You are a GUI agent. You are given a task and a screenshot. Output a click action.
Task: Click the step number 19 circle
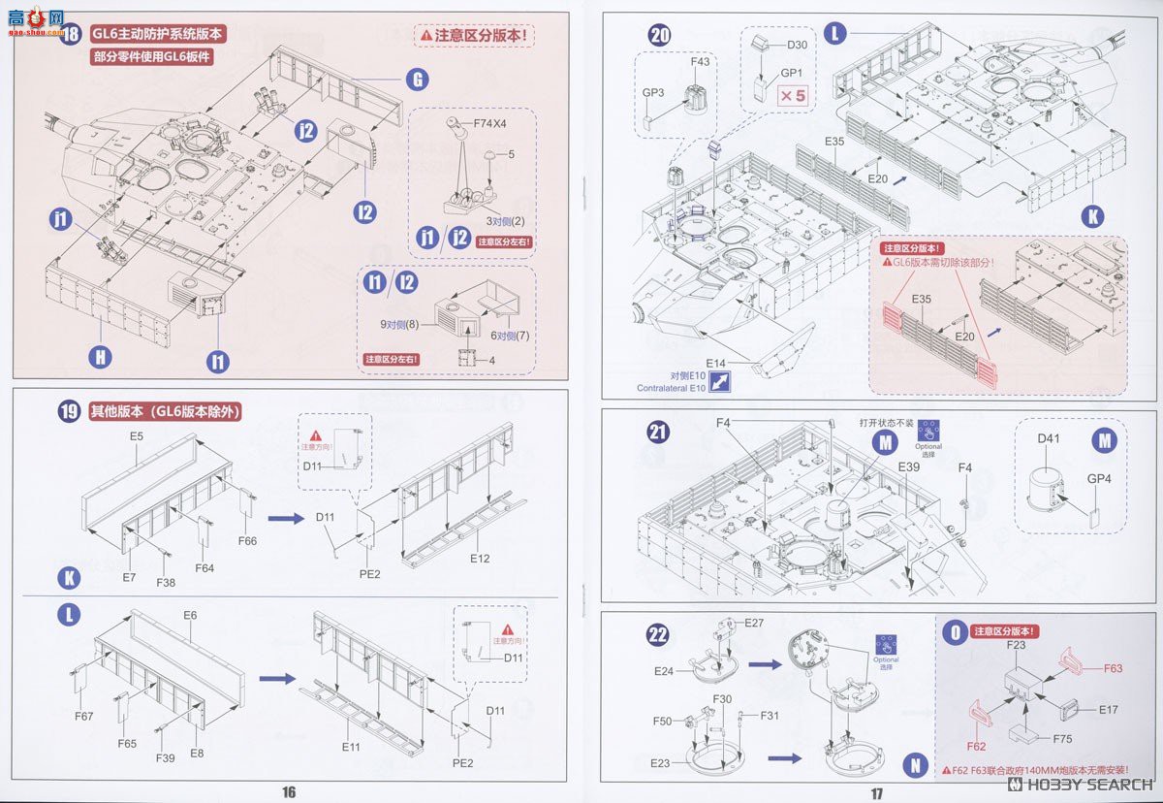[x=69, y=411]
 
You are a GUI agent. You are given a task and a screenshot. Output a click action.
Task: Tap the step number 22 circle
[x=658, y=634]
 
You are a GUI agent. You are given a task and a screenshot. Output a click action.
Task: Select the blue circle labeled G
[x=417, y=80]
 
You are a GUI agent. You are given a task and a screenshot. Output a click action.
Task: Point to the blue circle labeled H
[x=100, y=357]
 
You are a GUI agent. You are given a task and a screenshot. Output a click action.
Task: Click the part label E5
[x=137, y=437]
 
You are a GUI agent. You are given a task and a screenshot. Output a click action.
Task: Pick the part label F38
[x=167, y=583]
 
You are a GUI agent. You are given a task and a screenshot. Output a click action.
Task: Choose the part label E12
[x=481, y=559]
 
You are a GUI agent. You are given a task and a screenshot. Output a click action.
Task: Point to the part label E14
[x=716, y=363]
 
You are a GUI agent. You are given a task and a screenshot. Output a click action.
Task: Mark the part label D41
[x=1050, y=438]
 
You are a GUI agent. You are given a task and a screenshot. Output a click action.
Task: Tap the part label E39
[x=908, y=467]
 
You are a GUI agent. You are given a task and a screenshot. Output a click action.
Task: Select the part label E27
[x=755, y=622]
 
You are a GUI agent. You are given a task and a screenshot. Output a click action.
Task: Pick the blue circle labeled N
[x=913, y=764]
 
